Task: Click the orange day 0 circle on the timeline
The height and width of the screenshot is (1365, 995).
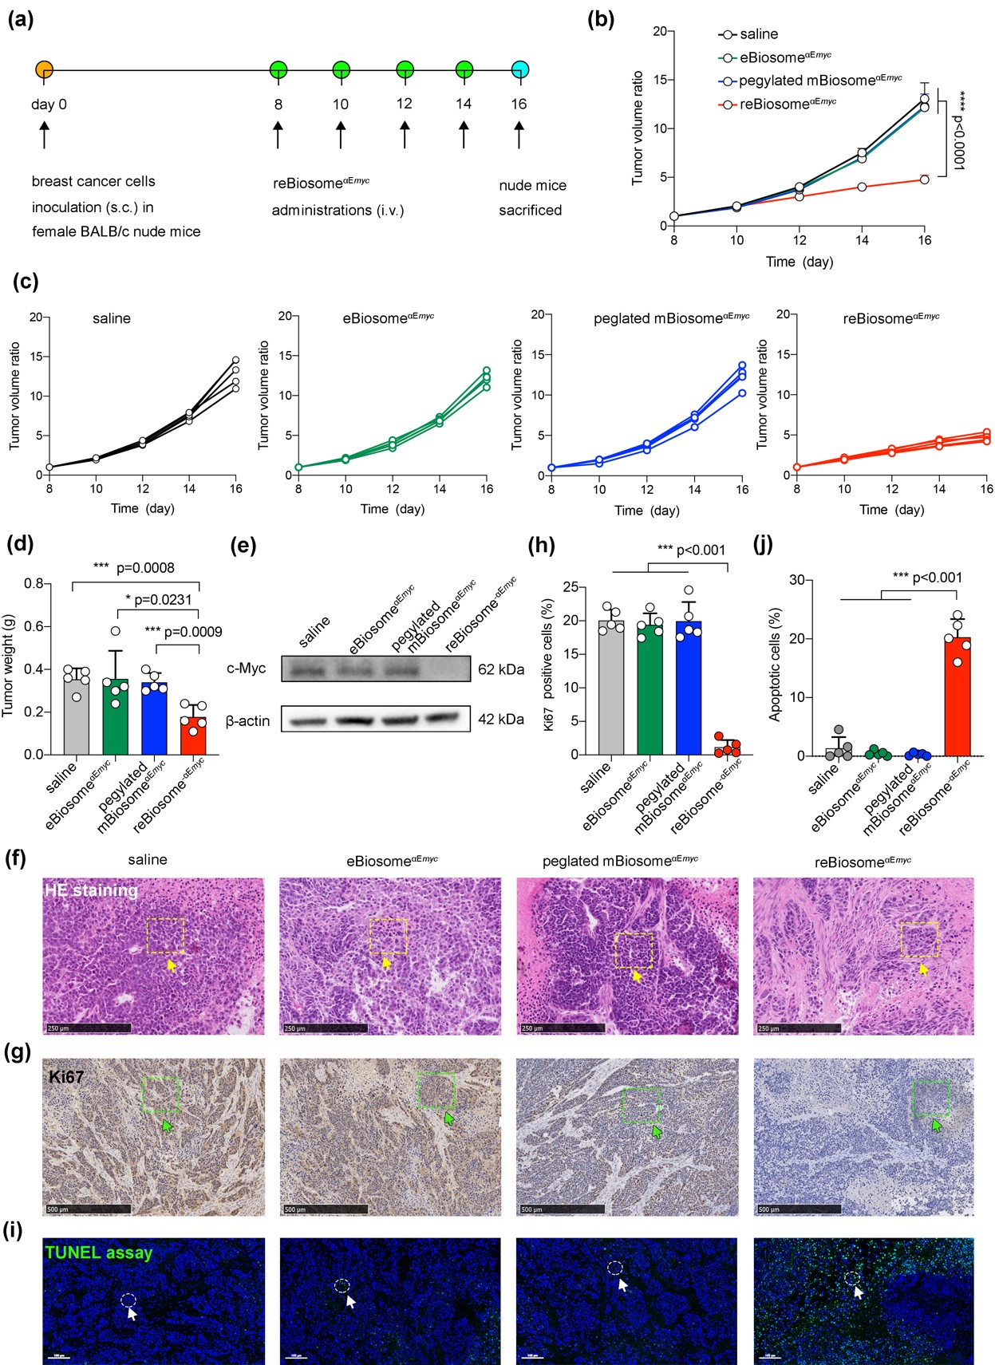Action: click(x=44, y=69)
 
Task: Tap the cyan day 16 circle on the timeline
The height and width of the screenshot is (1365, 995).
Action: click(x=519, y=69)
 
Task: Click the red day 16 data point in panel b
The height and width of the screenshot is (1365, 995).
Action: click(x=924, y=180)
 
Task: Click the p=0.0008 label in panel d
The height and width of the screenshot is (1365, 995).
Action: click(x=145, y=568)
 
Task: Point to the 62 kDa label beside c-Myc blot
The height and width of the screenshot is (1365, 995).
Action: click(x=501, y=669)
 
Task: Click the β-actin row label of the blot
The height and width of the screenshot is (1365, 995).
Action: click(x=247, y=721)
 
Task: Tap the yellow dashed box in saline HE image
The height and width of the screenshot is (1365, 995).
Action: click(x=165, y=935)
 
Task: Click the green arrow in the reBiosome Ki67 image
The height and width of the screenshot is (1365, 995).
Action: click(x=937, y=1124)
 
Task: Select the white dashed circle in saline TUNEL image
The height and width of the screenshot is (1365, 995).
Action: click(x=128, y=1300)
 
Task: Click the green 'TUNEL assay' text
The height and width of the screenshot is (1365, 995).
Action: click(x=99, y=1253)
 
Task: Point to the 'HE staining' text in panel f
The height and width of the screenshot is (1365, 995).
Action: click(x=92, y=890)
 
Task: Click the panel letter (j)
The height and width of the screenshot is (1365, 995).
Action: click(x=764, y=544)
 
